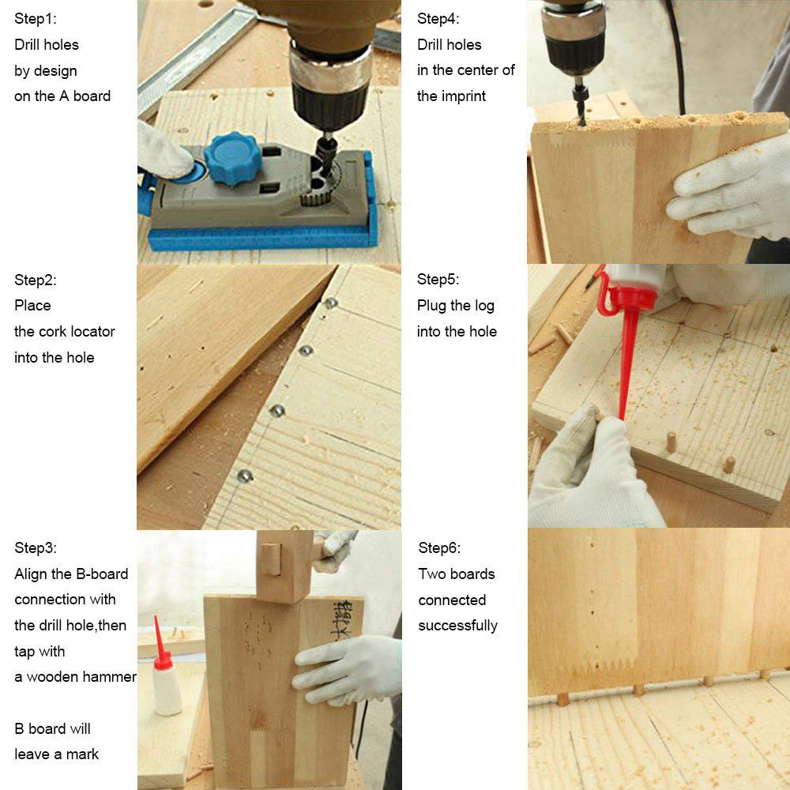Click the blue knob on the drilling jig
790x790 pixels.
tap(232, 158)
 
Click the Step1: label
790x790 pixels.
tap(36, 19)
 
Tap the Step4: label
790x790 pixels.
tap(438, 19)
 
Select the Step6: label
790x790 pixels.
tap(438, 547)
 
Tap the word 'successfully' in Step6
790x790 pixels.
tap(457, 626)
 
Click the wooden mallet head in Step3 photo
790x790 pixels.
tap(284, 566)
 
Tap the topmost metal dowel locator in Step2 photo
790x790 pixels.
tap(331, 303)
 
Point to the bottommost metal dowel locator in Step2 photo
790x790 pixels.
tap(245, 475)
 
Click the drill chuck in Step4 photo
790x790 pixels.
tap(574, 41)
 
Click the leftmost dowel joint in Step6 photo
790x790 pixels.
tap(562, 699)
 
